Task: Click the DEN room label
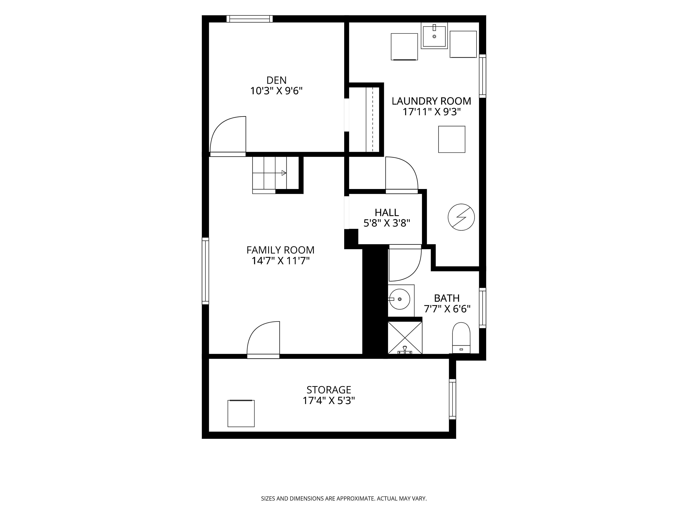[x=276, y=80]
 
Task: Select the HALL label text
[x=387, y=212]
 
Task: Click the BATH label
[x=447, y=298]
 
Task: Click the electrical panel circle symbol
[x=461, y=217]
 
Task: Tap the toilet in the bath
[x=461, y=338]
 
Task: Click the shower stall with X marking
[x=405, y=338]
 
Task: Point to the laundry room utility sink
[x=434, y=36]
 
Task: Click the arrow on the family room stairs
[x=284, y=173]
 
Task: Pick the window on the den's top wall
[x=249, y=19]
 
